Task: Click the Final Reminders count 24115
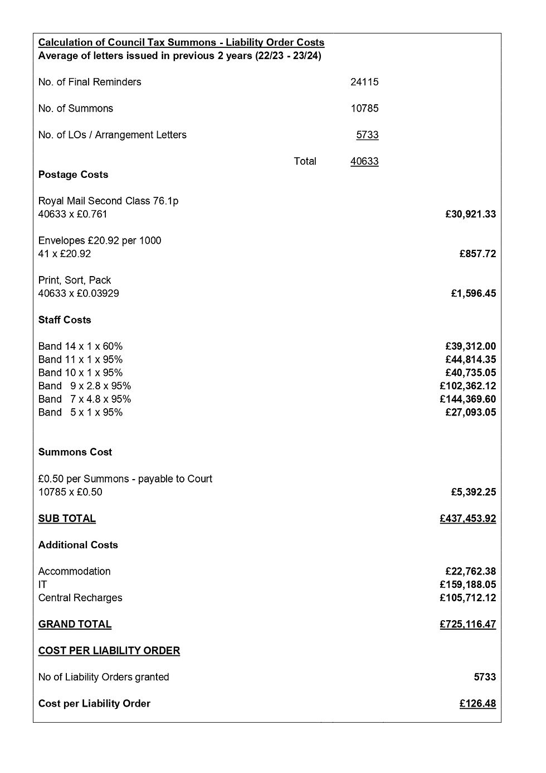tap(364, 82)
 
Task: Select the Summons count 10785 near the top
tap(364, 108)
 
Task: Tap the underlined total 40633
tap(364, 161)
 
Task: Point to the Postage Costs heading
tap(73, 175)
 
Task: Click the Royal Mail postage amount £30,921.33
tap(470, 214)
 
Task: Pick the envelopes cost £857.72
tap(477, 254)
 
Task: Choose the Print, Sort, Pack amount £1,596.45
tap(473, 293)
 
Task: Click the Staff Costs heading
tap(65, 320)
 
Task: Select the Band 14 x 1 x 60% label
tap(80, 346)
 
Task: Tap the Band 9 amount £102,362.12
tap(467, 386)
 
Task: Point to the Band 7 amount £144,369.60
tap(467, 399)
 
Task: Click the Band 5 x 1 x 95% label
tap(80, 412)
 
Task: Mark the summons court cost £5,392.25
tap(473, 492)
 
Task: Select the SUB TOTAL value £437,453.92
tap(467, 519)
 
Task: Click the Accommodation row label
tap(74, 571)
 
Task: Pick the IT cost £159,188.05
tap(467, 584)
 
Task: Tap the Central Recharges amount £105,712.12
tap(467, 598)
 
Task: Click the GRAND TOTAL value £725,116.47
tap(467, 624)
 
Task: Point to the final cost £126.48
tap(477, 704)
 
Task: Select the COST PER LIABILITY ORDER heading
tap(109, 651)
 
